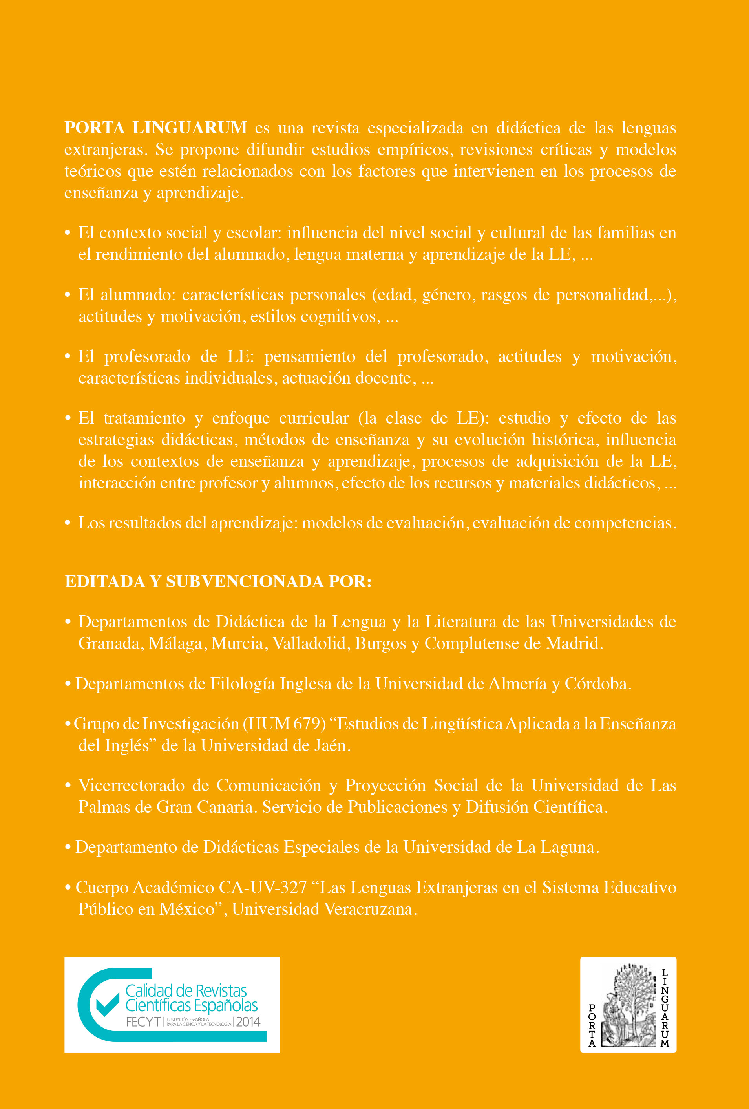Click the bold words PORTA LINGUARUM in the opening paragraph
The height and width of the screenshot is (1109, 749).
click(155, 128)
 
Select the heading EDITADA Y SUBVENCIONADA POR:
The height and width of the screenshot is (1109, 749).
click(218, 581)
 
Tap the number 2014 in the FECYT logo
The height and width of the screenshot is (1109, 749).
click(248, 1022)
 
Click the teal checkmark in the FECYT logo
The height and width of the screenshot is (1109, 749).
click(108, 1005)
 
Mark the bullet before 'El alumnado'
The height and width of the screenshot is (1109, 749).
click(68, 295)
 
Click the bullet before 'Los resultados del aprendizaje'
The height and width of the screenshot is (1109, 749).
click(68, 523)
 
